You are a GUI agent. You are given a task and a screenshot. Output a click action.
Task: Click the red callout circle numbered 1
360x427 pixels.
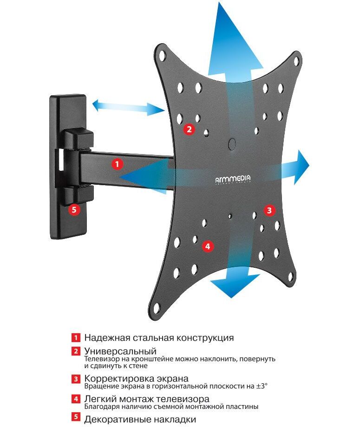[x=117, y=164]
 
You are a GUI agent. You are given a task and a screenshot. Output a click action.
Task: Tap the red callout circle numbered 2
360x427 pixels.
[x=189, y=129]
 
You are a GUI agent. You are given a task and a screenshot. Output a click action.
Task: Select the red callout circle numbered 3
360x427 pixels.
[x=269, y=210]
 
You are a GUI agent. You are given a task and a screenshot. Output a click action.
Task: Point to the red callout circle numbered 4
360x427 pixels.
[x=208, y=246]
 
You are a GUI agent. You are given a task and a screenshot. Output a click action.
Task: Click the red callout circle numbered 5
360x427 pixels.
[x=74, y=210]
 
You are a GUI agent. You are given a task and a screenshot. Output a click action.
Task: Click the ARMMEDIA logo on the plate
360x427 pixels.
[x=233, y=179]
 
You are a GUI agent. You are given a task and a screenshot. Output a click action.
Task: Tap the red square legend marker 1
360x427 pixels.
[x=76, y=338]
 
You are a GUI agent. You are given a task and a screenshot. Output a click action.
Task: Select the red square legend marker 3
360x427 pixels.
[x=76, y=379]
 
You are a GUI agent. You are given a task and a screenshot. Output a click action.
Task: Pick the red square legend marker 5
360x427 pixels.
[x=76, y=417]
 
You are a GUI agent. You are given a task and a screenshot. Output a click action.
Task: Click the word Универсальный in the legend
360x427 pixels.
[x=120, y=351]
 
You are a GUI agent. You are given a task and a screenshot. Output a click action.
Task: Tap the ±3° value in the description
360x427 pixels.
[x=262, y=386]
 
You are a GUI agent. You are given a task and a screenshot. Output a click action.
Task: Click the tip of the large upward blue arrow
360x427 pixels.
[x=219, y=2]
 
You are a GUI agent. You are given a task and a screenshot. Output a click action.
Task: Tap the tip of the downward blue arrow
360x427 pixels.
[x=231, y=298]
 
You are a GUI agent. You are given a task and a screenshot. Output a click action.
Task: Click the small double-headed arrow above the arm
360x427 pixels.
[x=128, y=108]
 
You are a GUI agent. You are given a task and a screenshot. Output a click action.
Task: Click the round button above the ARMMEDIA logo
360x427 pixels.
[x=232, y=143]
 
